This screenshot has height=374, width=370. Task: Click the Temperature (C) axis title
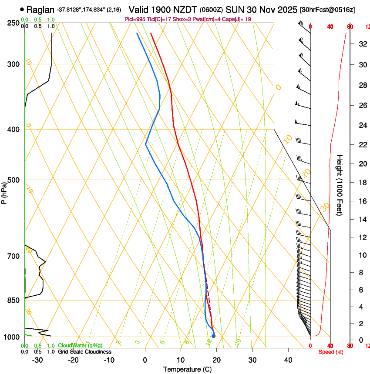coord(187,369)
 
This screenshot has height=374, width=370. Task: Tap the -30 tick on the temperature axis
coord(37,360)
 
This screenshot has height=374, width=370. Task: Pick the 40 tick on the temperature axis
coord(288,360)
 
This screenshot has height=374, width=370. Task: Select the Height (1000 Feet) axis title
coord(340,185)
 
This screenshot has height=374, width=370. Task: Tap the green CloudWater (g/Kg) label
coord(80,345)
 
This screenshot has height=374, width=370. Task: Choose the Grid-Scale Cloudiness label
coord(84,351)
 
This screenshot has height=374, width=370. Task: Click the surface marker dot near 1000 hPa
coord(213,336)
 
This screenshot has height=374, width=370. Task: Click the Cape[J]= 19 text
coord(237,20)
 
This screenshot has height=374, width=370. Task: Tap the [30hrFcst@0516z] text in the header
coord(327,10)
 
